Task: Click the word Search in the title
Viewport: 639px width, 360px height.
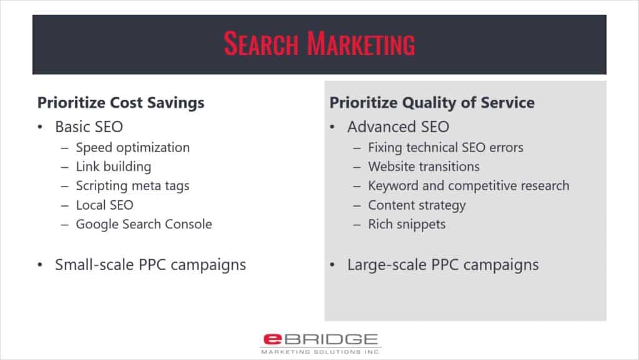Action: pyautogui.click(x=261, y=44)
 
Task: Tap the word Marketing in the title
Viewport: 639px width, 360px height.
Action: pyautogui.click(x=361, y=44)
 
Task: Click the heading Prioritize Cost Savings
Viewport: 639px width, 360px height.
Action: pyautogui.click(x=120, y=102)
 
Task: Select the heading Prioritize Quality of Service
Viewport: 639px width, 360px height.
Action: pyautogui.click(x=432, y=102)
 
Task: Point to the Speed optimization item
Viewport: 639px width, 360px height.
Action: pyautogui.click(x=133, y=148)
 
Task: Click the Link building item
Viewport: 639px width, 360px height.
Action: pyautogui.click(x=114, y=167)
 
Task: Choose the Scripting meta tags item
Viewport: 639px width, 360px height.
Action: pyautogui.click(x=133, y=186)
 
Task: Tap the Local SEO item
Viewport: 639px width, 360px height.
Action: pyautogui.click(x=105, y=205)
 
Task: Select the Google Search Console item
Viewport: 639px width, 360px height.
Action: pyautogui.click(x=144, y=225)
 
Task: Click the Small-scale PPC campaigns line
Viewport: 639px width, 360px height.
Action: pyautogui.click(x=150, y=265)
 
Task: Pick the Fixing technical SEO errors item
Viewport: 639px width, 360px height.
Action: pyautogui.click(x=446, y=147)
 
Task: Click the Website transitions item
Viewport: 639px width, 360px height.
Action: pyautogui.click(x=424, y=167)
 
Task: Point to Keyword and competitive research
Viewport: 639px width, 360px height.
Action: pyautogui.click(x=469, y=186)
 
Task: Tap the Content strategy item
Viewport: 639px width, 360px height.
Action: pyautogui.click(x=417, y=205)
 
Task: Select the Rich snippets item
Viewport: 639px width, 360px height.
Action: pyautogui.click(x=407, y=225)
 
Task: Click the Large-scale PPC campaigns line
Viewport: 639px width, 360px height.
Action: pyautogui.click(x=443, y=265)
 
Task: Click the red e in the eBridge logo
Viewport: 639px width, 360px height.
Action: pyautogui.click(x=273, y=339)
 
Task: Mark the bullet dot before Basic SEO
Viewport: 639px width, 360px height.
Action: pyautogui.click(x=40, y=127)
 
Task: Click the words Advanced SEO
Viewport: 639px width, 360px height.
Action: pyautogui.click(x=398, y=127)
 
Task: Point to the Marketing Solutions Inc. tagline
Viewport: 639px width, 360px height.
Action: pyautogui.click(x=320, y=352)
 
